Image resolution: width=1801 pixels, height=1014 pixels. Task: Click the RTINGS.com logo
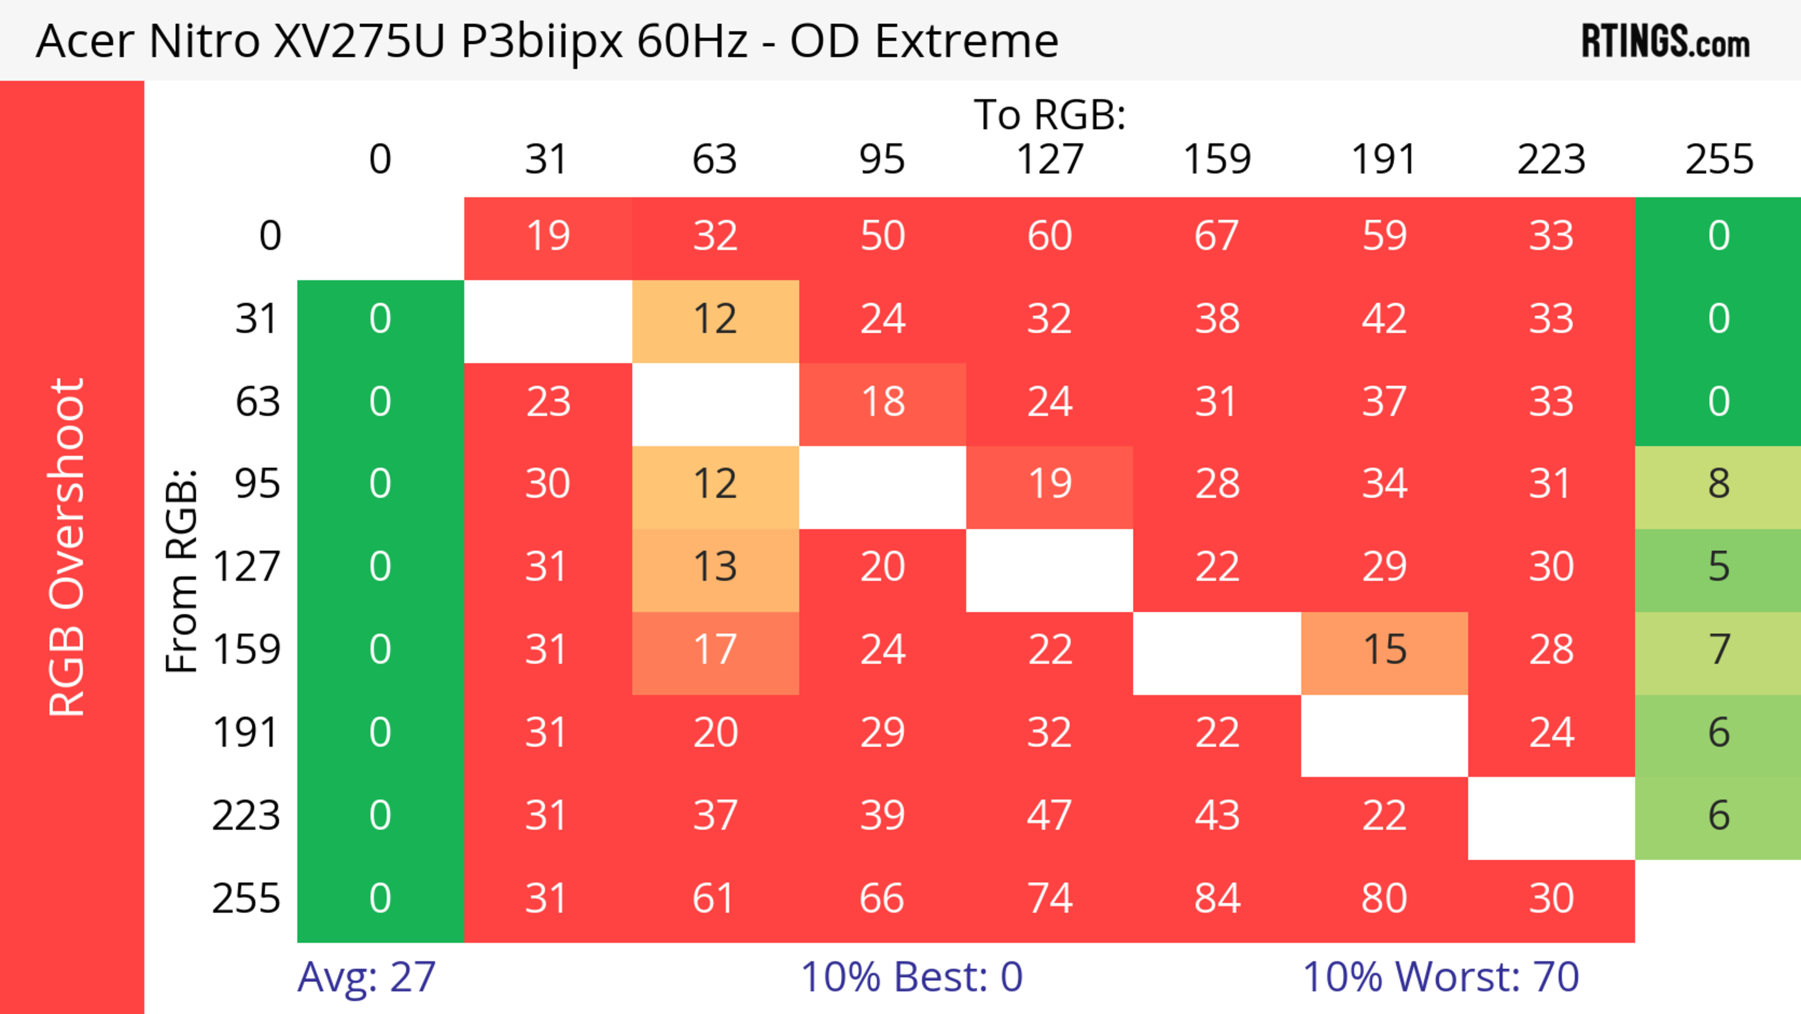(1665, 40)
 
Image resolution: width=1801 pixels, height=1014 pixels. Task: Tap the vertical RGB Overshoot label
(67, 547)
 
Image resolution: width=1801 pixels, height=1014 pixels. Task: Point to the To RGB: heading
(1050, 114)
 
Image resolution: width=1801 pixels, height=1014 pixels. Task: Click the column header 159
(1217, 160)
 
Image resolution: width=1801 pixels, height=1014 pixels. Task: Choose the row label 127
(247, 566)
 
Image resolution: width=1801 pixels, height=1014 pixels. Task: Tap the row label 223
(247, 816)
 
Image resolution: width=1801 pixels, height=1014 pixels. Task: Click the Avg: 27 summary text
(366, 977)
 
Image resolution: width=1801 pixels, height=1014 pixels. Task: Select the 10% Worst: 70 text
(1441, 977)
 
